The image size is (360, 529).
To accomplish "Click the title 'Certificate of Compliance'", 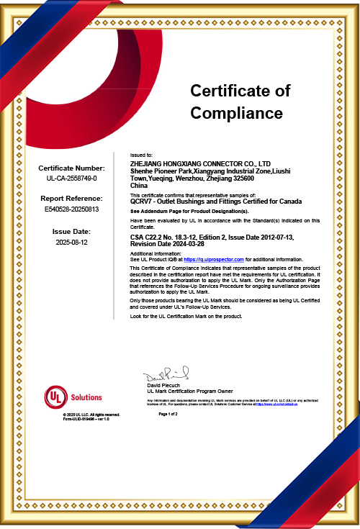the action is [240, 101].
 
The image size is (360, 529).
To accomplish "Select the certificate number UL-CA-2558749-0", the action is [71, 177].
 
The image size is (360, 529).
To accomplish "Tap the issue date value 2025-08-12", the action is [71, 243].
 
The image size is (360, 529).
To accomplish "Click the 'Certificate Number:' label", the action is [71, 168].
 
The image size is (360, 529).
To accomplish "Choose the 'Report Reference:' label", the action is [71, 197].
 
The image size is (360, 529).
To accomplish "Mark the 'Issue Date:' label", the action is [71, 232].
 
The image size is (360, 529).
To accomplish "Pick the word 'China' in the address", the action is [138, 186].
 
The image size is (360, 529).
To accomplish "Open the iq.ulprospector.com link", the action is [215, 259].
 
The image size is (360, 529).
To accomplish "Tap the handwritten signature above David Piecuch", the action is [165, 375].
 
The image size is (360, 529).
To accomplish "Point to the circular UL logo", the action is [55, 397].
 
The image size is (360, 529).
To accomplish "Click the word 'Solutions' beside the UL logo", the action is [87, 397].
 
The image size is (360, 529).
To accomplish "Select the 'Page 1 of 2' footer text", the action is [168, 415].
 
